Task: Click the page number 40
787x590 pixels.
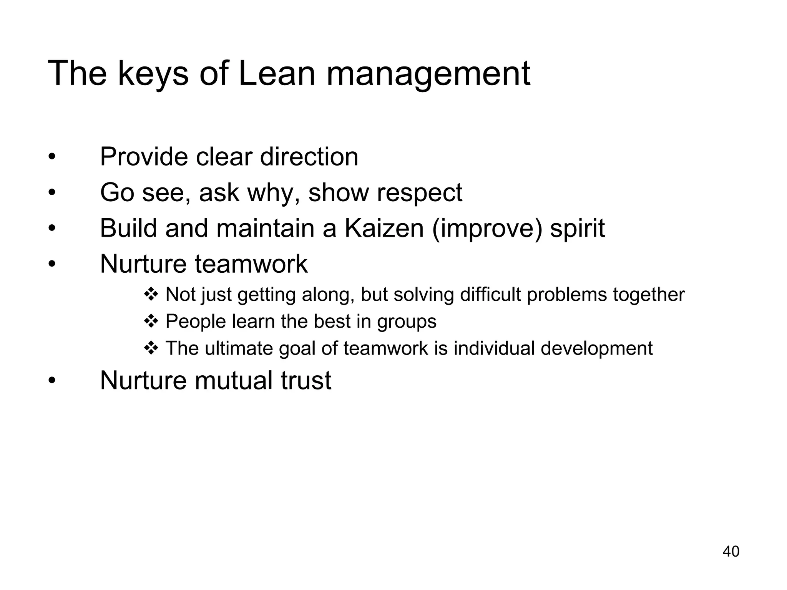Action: pyautogui.click(x=731, y=552)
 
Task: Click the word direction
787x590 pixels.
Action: pyautogui.click(x=309, y=157)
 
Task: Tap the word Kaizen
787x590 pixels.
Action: pyautogui.click(x=384, y=228)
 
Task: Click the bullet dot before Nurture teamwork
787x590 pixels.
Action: pyautogui.click(x=52, y=264)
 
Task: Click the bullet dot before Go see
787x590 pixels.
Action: pyautogui.click(x=52, y=192)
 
